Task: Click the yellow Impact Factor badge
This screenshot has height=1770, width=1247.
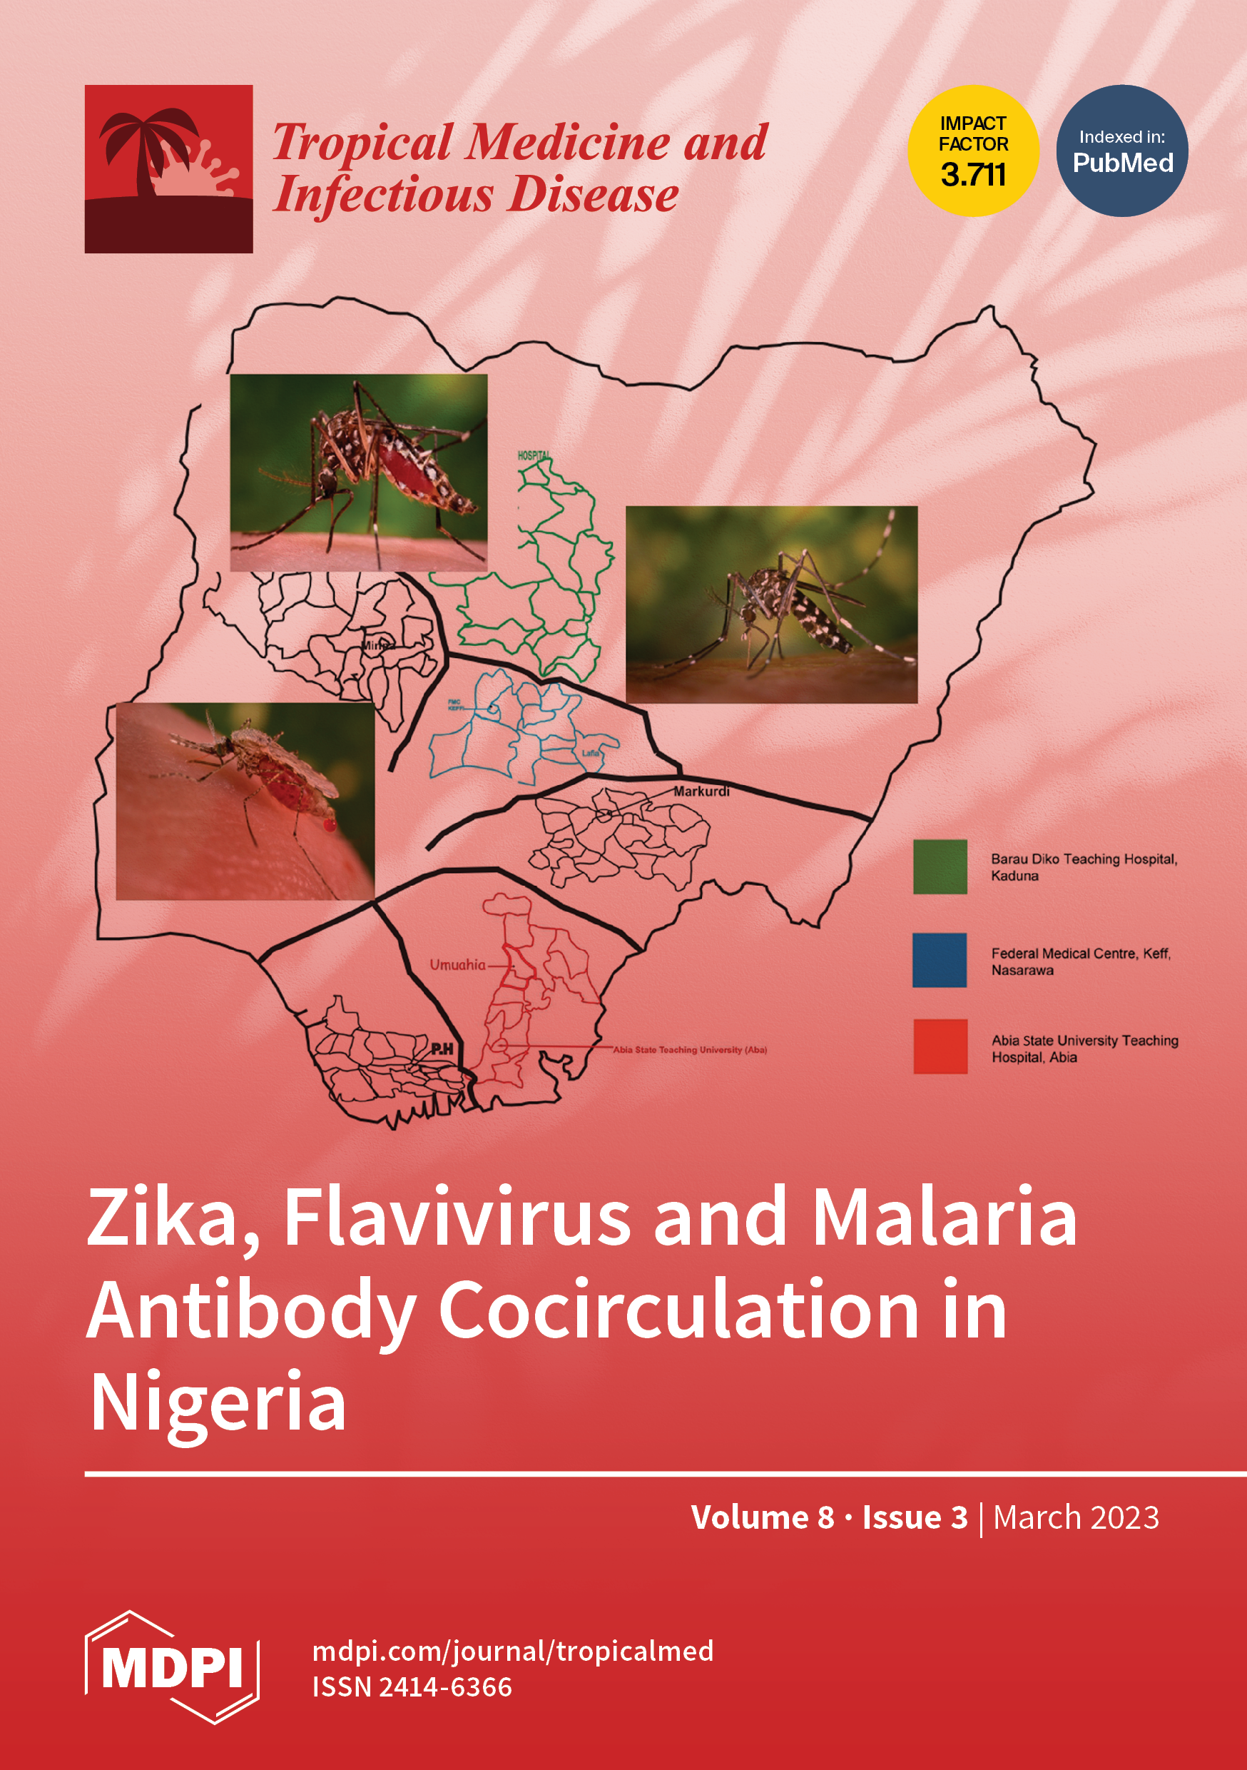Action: click(972, 151)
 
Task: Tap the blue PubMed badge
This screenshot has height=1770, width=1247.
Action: click(1122, 151)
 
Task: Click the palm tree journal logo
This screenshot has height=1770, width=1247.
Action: click(169, 169)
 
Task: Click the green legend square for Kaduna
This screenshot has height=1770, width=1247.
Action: click(940, 866)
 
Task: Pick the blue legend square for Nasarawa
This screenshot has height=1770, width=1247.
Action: click(940, 960)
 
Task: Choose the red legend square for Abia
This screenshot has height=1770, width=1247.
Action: click(940, 1046)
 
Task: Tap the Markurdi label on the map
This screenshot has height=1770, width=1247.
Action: click(701, 792)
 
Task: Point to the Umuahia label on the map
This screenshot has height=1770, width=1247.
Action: click(458, 965)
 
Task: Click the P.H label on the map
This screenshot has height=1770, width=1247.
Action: click(442, 1048)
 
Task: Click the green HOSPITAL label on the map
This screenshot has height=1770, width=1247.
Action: click(534, 455)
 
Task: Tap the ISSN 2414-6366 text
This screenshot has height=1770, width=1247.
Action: click(412, 1687)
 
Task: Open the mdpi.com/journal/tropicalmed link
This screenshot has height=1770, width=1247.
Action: click(512, 1652)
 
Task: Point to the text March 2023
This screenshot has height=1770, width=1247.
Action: click(1076, 1517)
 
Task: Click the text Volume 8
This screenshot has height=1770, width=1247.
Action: click(762, 1517)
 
